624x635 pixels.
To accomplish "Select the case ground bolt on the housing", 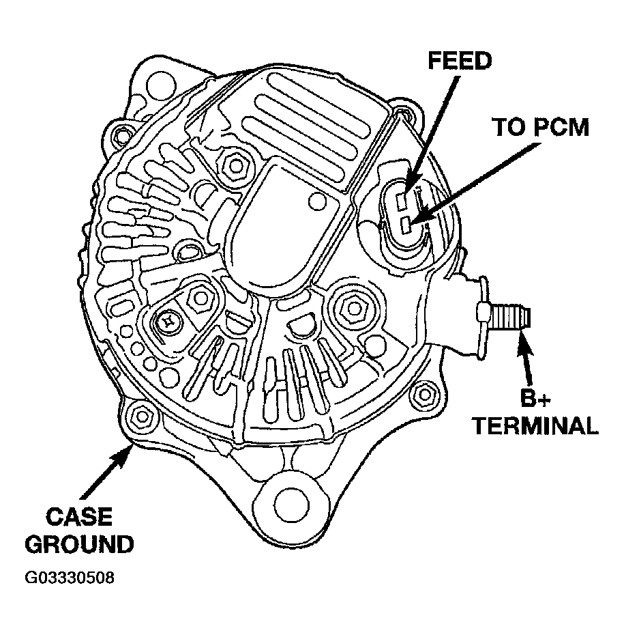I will point(141,415).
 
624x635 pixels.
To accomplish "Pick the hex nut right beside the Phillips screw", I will point(200,296).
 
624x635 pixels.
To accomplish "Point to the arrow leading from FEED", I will point(430,130).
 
